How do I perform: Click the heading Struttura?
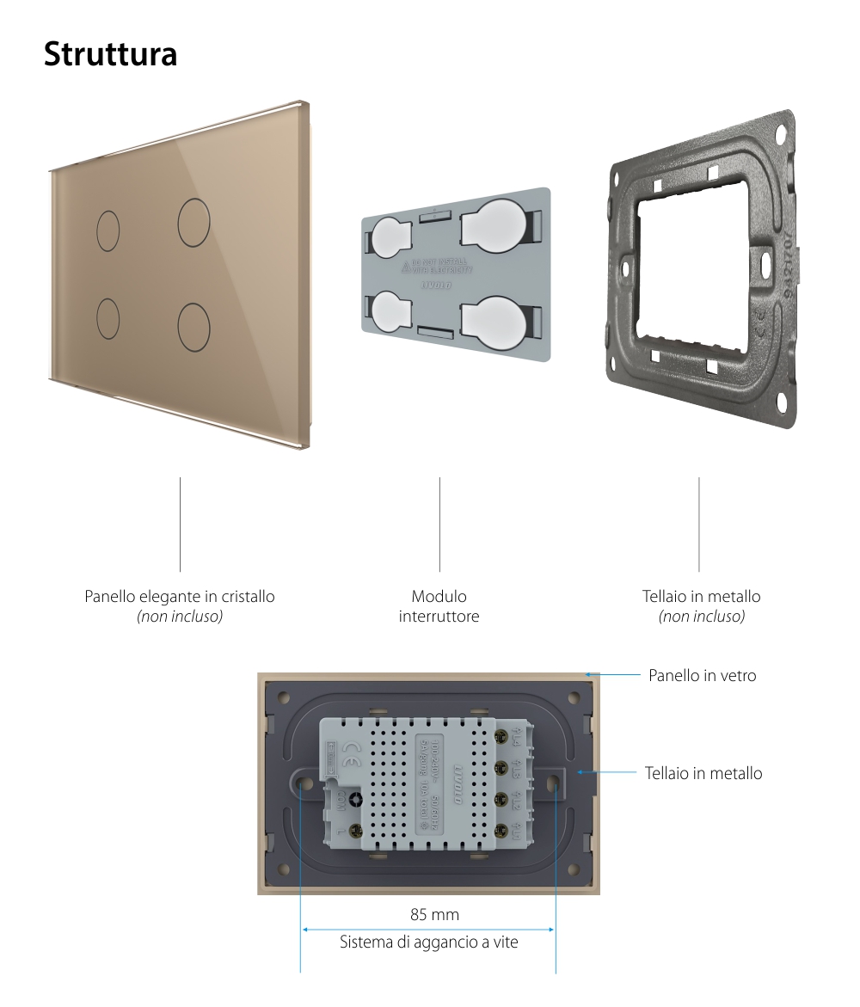(x=110, y=53)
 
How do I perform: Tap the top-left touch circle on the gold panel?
(x=107, y=230)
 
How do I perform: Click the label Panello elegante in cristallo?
(x=180, y=596)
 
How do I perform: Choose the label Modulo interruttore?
(x=439, y=606)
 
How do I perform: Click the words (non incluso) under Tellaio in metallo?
(x=701, y=617)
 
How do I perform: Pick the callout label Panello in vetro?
(x=702, y=676)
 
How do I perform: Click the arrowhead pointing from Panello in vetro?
(x=587, y=675)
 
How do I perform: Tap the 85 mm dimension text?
(x=434, y=914)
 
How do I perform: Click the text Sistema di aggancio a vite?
(x=428, y=943)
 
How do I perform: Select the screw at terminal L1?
(x=499, y=829)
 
